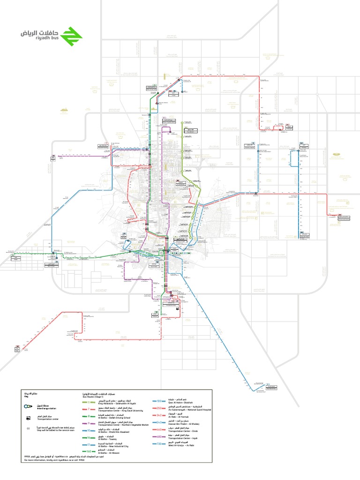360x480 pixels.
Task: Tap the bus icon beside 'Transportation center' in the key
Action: (x=28, y=416)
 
